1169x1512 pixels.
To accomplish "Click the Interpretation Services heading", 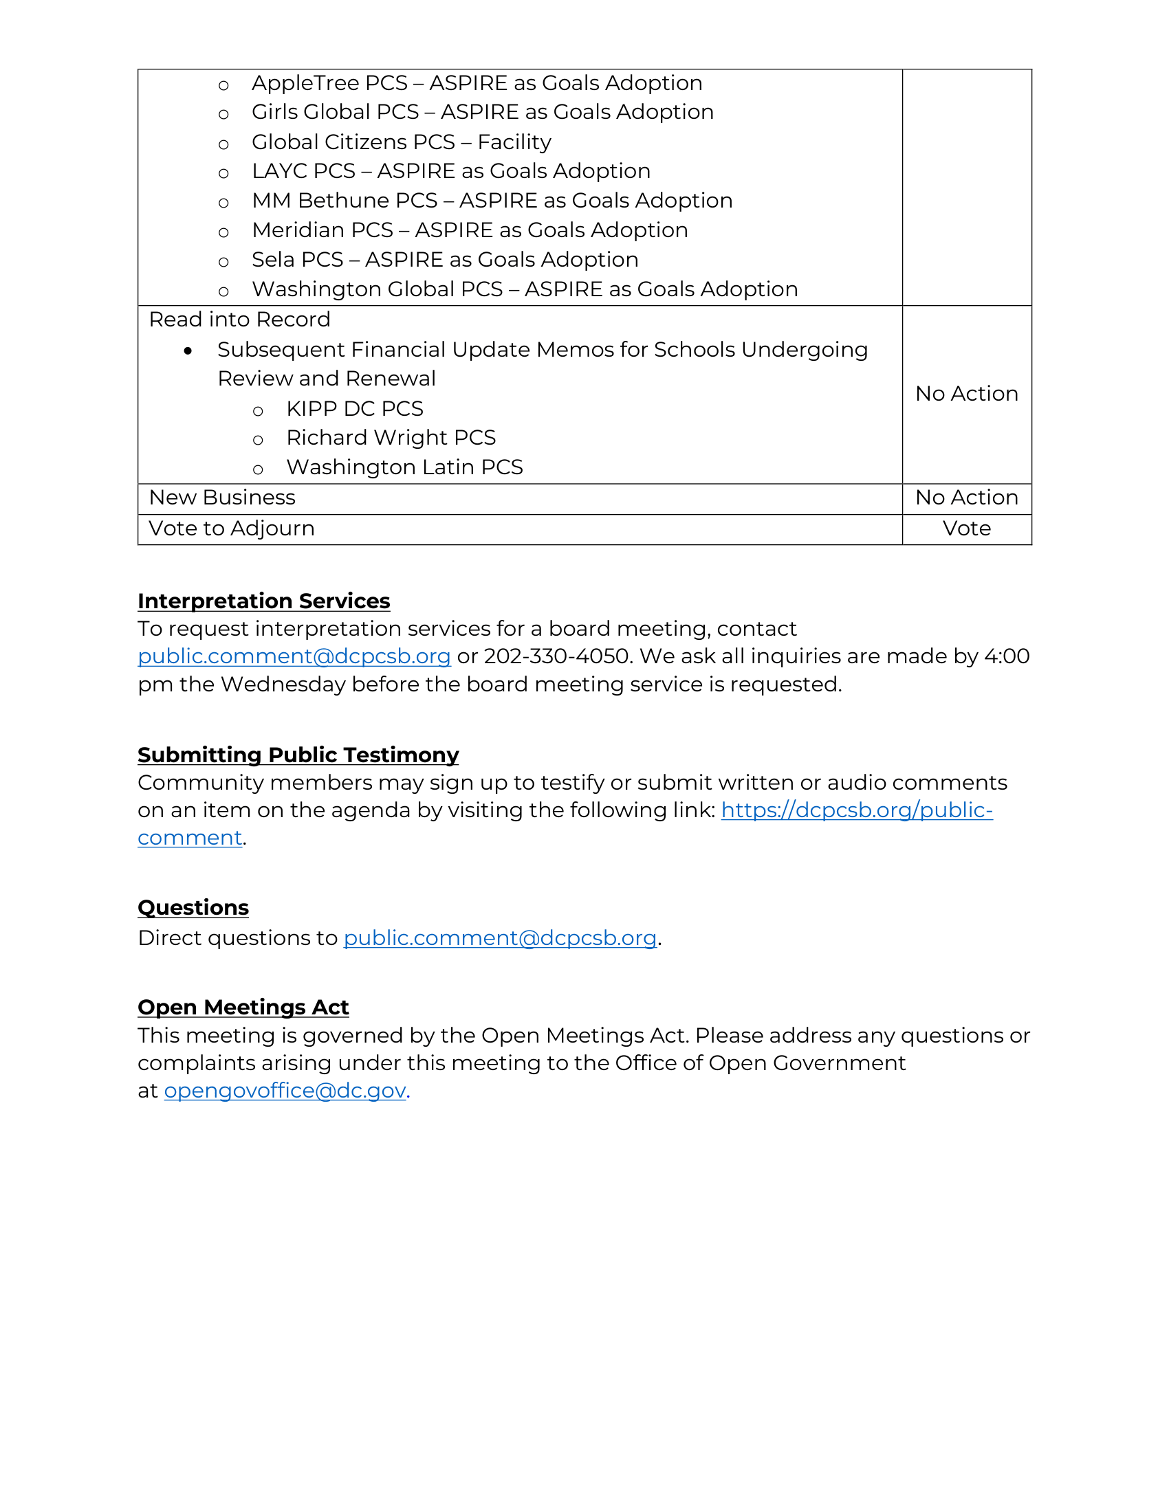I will pos(263,601).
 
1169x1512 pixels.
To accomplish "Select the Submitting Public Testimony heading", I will pos(298,755).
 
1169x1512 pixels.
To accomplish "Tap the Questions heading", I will pos(193,908).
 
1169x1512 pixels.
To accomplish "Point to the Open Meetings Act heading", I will pos(243,1008).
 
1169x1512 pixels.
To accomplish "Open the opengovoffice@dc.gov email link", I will pos(285,1091).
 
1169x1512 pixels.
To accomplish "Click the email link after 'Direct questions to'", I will pos(500,938).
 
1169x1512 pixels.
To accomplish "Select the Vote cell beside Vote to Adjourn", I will pos(966,529).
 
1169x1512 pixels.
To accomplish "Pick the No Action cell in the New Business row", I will pos(966,498).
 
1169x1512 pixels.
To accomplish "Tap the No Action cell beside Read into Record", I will pos(966,394).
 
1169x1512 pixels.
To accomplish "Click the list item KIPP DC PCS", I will pos(355,409).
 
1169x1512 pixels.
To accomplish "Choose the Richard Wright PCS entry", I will pos(391,438).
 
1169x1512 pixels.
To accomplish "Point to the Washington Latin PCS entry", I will pos(404,467).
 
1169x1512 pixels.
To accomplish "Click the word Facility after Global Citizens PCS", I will pos(514,142).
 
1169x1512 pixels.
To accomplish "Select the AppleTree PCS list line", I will pos(477,83).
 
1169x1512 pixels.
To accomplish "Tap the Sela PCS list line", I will pos(445,260).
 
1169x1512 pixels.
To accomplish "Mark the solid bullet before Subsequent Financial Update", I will pos(188,351).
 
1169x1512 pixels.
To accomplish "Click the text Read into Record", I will pos(239,320).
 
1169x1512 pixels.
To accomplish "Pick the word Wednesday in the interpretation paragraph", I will pos(283,685).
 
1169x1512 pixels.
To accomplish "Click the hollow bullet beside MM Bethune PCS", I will pos(223,203).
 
